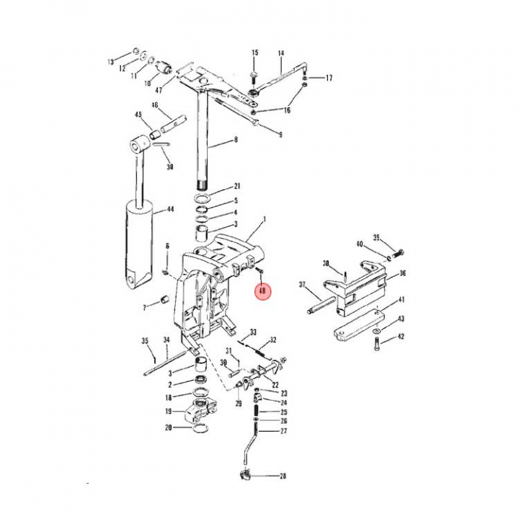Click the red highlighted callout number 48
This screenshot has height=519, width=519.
(x=262, y=292)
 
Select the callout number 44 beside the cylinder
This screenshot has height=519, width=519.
(x=170, y=210)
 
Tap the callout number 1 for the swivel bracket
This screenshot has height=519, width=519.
(x=265, y=218)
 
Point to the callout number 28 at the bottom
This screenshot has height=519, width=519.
(x=283, y=476)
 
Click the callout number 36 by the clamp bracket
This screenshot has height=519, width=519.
(x=403, y=273)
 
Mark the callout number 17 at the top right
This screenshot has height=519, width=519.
(x=329, y=78)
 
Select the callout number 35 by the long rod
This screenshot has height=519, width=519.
(x=144, y=340)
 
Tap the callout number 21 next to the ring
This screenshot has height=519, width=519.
(x=236, y=186)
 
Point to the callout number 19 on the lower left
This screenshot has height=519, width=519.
(x=168, y=412)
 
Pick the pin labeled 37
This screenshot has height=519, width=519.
(x=321, y=302)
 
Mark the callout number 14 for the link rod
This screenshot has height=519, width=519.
(x=280, y=53)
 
